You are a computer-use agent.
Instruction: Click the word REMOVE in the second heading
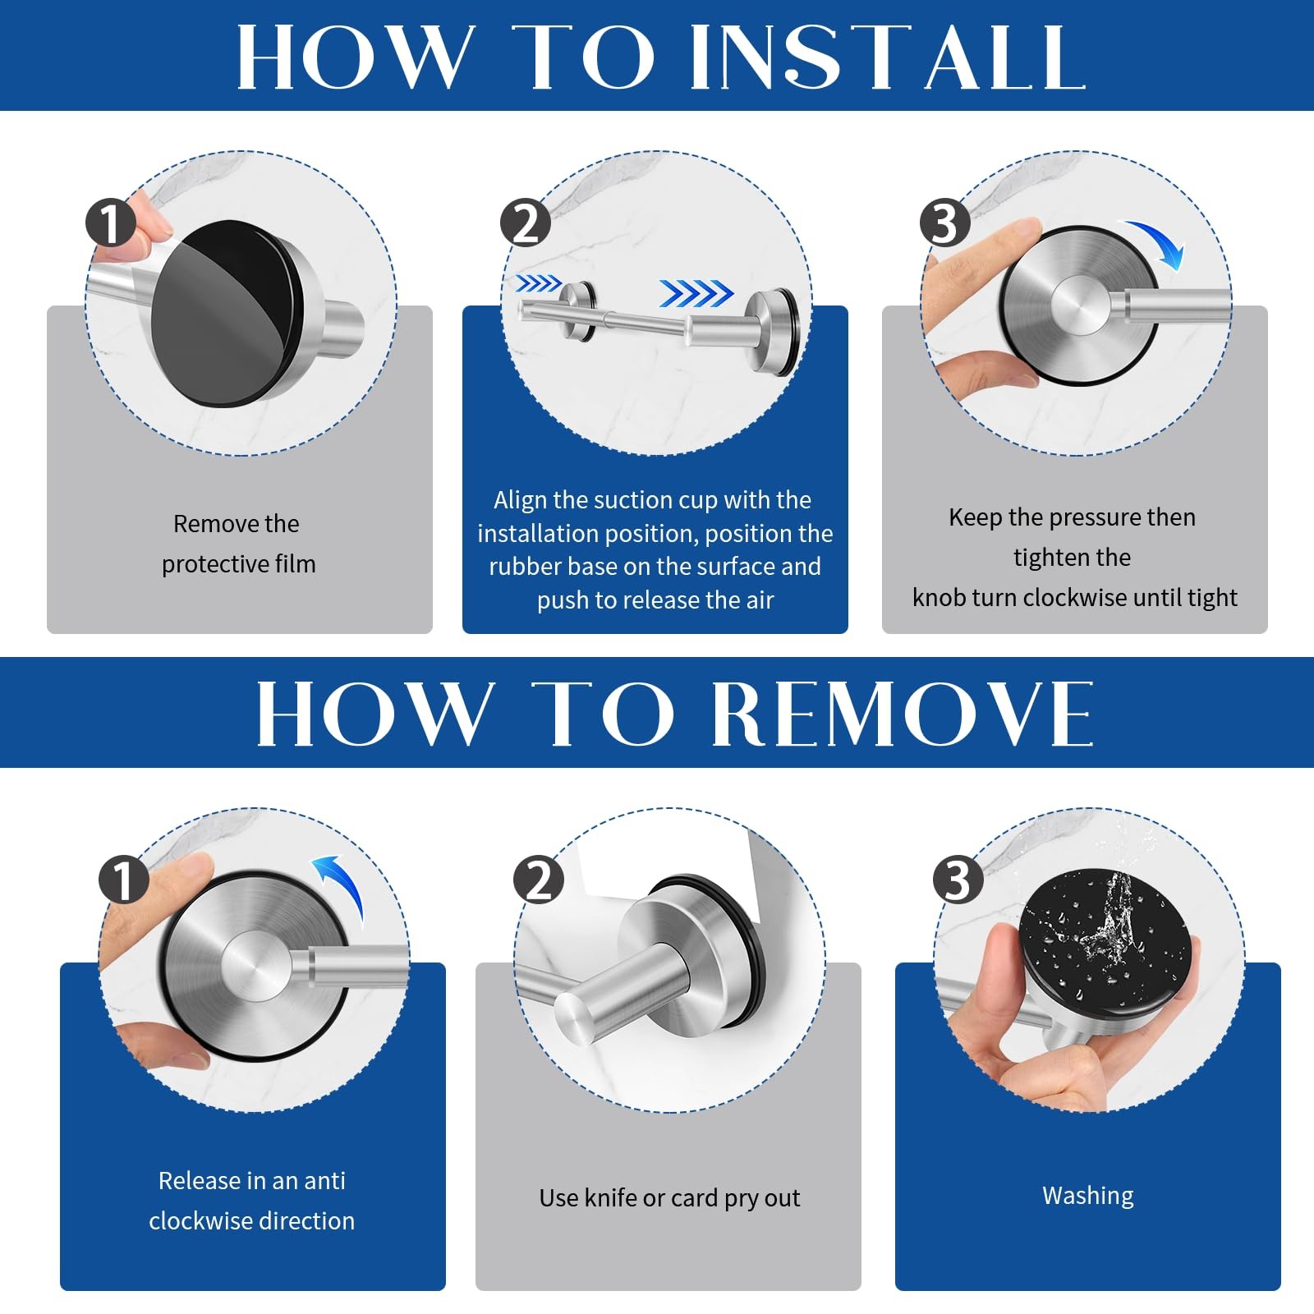[902, 713]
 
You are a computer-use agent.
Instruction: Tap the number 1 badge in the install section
[111, 222]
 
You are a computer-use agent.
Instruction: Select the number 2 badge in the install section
[526, 223]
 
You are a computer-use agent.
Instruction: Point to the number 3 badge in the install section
[945, 223]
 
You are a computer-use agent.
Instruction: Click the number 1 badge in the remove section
[123, 880]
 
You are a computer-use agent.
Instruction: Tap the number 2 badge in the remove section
[539, 880]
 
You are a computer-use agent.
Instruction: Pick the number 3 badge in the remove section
[958, 880]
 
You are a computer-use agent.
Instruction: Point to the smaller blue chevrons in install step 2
[538, 284]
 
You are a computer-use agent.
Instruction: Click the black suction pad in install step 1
[226, 313]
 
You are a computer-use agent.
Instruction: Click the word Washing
[1088, 1196]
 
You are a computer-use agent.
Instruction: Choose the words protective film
[239, 565]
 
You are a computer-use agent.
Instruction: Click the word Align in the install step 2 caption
[520, 501]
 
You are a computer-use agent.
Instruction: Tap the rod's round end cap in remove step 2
[575, 1018]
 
